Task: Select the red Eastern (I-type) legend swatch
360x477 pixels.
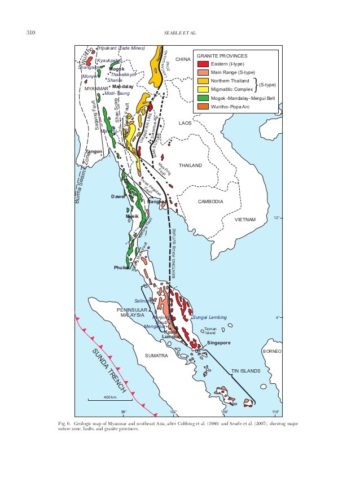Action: [201, 64]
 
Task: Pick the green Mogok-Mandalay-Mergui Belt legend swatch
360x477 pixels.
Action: [201, 97]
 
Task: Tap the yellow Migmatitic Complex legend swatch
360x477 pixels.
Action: [201, 89]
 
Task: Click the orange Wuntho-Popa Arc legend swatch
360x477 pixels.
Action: [201, 106]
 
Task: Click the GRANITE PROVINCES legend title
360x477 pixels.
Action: [221, 56]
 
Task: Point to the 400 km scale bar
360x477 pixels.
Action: [109, 400]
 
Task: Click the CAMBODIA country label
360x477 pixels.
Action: [212, 202]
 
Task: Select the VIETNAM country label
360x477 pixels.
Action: [246, 220]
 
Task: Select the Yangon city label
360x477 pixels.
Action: [93, 152]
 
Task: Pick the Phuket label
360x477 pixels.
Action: [121, 268]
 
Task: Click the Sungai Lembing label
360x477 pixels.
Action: [209, 317]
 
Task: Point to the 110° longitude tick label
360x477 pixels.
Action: [275, 412]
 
